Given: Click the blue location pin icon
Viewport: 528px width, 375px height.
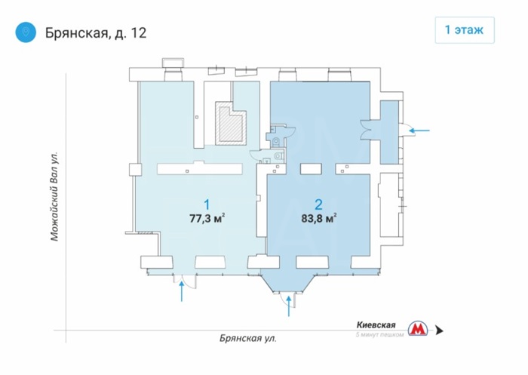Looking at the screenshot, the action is (26, 32).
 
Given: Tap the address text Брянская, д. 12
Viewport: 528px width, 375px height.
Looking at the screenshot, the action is (96, 33).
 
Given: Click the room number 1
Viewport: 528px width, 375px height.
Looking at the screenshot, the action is (207, 204).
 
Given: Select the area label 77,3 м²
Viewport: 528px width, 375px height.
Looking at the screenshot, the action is (207, 218).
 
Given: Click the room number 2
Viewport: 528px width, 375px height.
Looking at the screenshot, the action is (318, 204).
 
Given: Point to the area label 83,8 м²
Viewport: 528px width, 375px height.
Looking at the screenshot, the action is (319, 218).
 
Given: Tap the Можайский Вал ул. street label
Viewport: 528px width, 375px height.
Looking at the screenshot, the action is (54, 196).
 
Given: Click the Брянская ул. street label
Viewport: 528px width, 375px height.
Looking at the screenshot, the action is (248, 338).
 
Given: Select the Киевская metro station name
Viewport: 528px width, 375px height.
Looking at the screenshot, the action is (376, 325).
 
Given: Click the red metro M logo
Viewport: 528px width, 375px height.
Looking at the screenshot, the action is (418, 328).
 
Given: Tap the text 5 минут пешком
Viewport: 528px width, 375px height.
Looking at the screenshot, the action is (380, 334).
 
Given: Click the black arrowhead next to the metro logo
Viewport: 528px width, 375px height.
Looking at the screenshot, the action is (439, 330).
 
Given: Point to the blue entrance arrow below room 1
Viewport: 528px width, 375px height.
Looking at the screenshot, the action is (182, 292).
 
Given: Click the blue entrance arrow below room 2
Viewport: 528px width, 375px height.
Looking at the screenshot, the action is (289, 306).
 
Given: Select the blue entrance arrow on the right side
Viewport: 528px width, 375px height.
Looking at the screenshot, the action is (419, 130).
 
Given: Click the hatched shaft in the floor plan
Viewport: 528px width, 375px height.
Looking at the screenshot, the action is (232, 123).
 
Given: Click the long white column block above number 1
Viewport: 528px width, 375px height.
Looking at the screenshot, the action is (200, 168).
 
